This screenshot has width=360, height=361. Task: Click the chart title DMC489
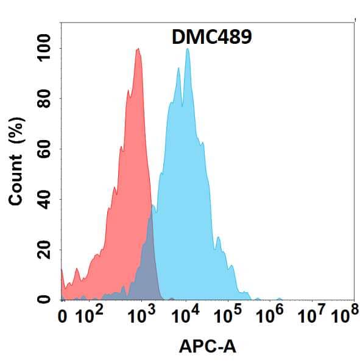[x=208, y=38]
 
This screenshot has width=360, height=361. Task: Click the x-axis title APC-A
[x=207, y=347]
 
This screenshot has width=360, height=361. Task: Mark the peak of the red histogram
[x=138, y=49]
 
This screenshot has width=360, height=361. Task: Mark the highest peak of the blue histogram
[x=187, y=49]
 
